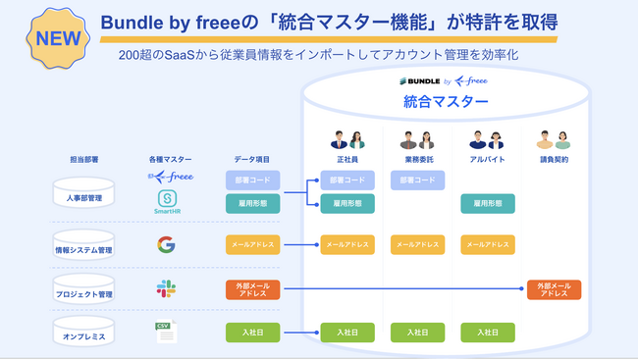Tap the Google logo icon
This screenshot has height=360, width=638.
tap(166, 245)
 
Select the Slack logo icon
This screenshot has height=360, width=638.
tap(166, 288)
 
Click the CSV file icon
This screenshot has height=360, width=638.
tap(166, 332)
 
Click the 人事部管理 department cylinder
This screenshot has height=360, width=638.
tap(83, 194)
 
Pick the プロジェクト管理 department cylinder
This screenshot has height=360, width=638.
tap(83, 291)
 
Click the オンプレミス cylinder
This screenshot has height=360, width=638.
tap(83, 334)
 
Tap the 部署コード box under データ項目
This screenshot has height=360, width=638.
tap(252, 180)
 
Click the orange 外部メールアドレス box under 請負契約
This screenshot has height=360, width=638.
tap(554, 289)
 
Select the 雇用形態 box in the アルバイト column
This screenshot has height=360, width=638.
tap(487, 203)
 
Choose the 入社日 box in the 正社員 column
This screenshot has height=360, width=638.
tap(346, 333)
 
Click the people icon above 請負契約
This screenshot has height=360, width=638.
tap(554, 140)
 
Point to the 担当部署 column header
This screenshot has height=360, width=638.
tap(83, 159)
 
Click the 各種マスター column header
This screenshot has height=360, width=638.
tap(169, 159)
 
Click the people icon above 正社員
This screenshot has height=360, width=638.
tap(346, 140)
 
